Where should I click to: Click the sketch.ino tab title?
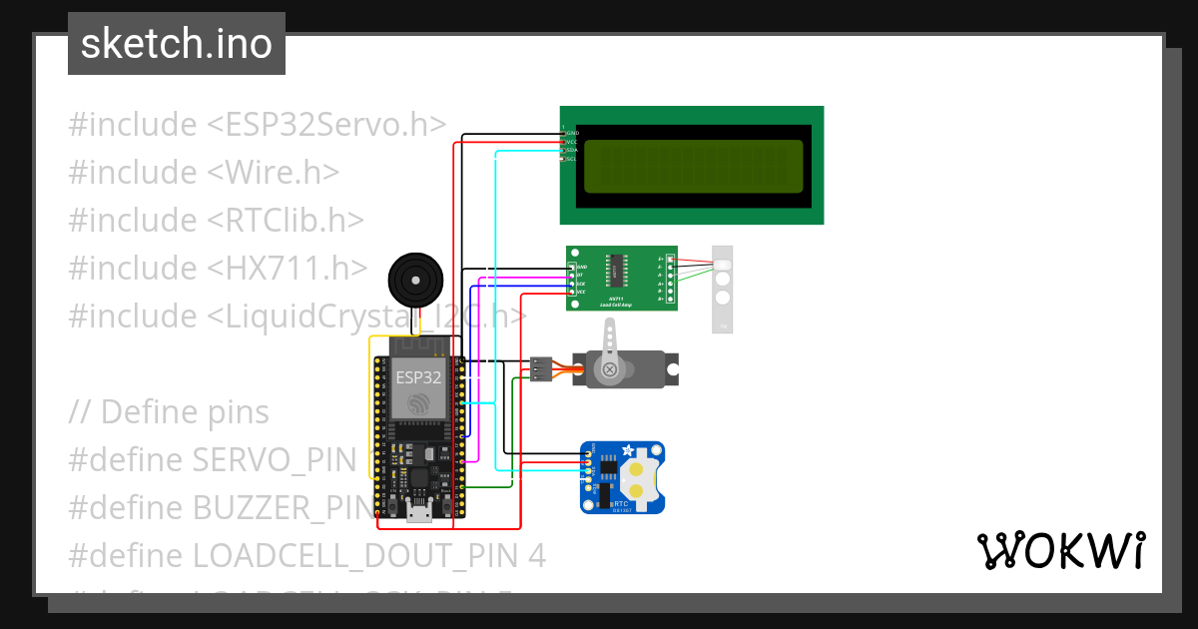pos(177,44)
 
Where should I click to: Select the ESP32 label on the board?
pos(419,377)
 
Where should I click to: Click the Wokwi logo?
pos(1060,550)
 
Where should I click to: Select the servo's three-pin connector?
pos(541,368)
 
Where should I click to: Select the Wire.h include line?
pos(204,173)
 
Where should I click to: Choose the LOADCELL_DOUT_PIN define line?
pos(307,556)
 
